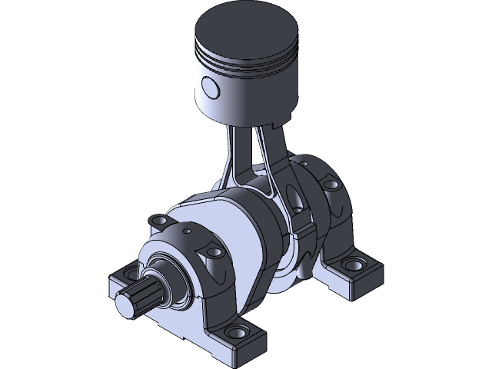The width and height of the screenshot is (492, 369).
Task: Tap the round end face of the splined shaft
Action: [125, 304]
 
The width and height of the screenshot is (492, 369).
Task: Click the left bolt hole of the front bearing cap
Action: [159, 221]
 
